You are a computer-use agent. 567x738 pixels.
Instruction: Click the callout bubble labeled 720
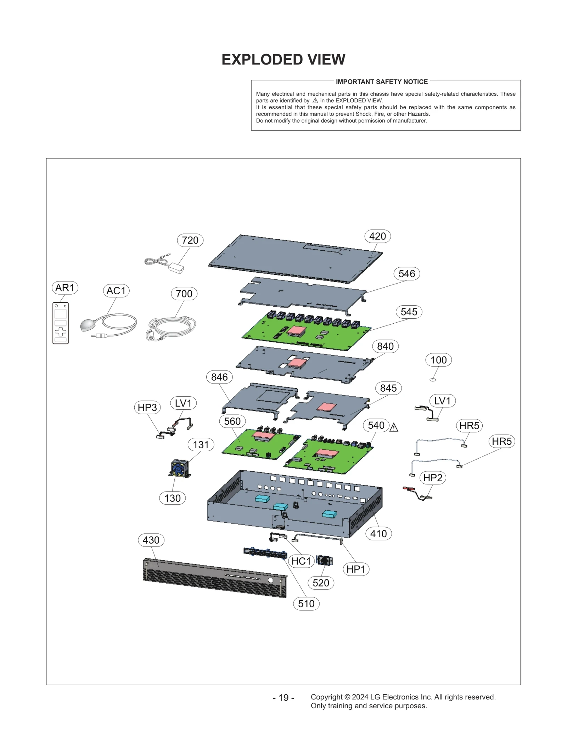point(190,240)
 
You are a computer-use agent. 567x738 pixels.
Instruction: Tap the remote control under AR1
point(61,323)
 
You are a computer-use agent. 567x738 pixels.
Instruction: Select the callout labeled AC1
point(116,291)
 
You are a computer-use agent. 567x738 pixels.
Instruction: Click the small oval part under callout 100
point(432,380)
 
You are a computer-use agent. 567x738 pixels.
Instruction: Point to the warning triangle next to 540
point(394,428)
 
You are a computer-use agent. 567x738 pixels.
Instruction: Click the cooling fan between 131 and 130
point(180,469)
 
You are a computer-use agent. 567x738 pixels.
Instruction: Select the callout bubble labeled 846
point(219,377)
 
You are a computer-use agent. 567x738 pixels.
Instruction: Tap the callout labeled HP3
point(147,407)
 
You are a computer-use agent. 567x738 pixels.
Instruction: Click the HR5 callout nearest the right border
point(501,441)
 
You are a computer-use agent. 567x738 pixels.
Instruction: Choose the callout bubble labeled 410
point(378,533)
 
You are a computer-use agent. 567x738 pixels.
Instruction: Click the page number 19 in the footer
point(283,698)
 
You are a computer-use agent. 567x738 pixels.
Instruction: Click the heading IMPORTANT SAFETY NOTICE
point(382,82)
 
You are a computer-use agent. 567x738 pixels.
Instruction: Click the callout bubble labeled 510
point(306,603)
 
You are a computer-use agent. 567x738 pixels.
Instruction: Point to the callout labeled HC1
point(301,561)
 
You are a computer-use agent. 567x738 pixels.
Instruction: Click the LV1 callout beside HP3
point(183,403)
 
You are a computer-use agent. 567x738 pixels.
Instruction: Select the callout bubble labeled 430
point(151,540)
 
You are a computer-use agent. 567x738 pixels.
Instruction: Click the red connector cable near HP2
point(409,489)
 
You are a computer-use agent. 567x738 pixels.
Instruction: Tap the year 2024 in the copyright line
point(360,697)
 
